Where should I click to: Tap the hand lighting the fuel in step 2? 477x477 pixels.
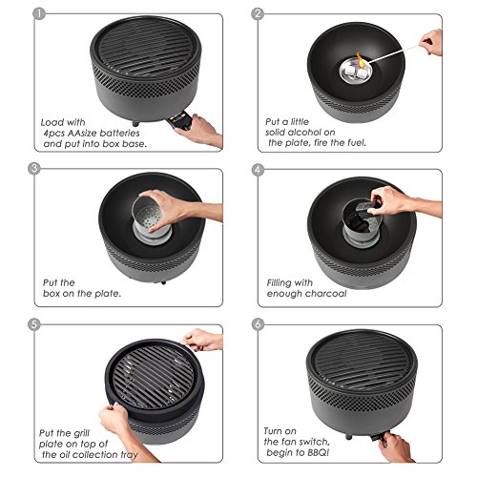tap(431, 42)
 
